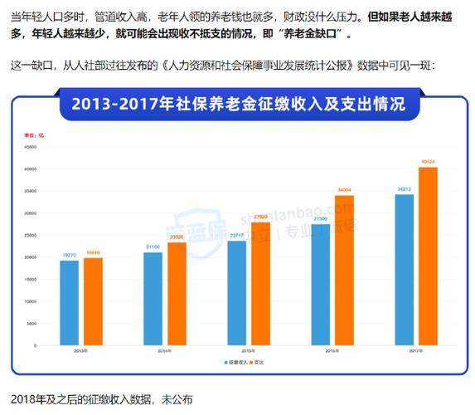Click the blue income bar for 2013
pos(69,303)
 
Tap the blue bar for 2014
pos(153,299)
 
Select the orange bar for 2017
pos(428,256)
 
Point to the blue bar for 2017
pos(404,270)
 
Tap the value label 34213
pos(404,189)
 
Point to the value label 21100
pos(153,247)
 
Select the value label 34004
pos(343,190)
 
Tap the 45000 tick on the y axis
pos(31,147)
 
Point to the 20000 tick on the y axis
pos(31,257)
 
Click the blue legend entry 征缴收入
pos(235,363)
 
